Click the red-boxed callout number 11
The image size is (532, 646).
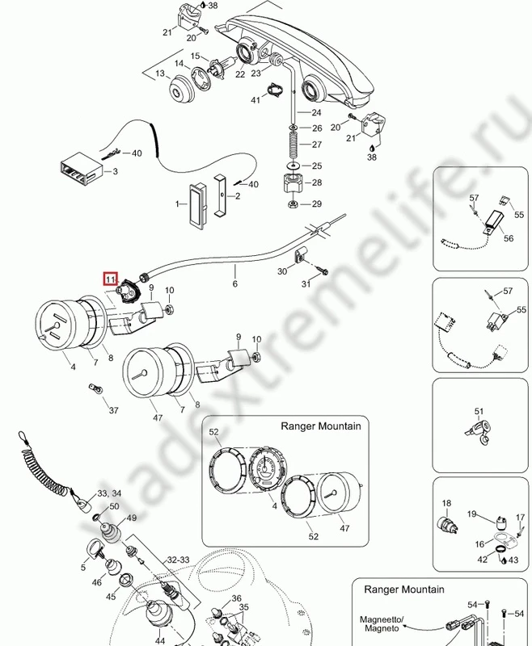(x=110, y=279)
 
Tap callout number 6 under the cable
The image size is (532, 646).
(x=235, y=284)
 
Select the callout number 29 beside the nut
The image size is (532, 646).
(x=317, y=203)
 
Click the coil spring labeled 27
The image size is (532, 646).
(x=292, y=145)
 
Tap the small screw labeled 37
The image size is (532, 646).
(x=93, y=388)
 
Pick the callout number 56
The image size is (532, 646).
(x=509, y=238)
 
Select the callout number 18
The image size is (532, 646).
(x=445, y=504)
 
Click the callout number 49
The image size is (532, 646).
(x=131, y=518)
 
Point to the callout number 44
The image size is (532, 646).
(x=160, y=640)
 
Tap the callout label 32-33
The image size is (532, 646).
(x=179, y=558)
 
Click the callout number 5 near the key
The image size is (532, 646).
(x=82, y=568)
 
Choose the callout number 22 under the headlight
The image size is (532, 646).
(x=239, y=74)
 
